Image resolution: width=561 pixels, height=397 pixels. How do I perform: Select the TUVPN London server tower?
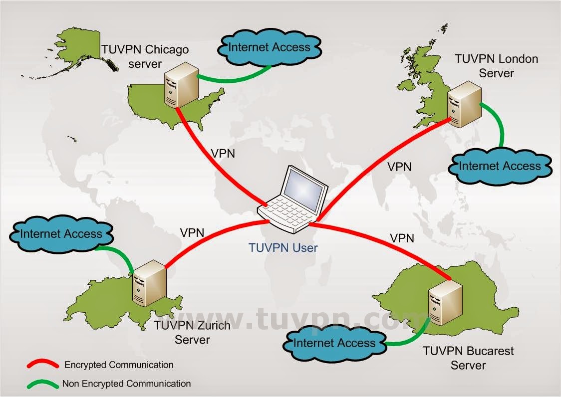tap(464, 105)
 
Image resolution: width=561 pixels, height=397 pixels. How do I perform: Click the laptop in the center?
tap(293, 202)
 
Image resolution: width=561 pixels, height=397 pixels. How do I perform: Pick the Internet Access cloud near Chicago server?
tap(269, 48)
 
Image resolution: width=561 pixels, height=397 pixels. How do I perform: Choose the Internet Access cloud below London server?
tap(500, 167)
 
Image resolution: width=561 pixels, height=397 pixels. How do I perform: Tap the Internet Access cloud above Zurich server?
tap(61, 234)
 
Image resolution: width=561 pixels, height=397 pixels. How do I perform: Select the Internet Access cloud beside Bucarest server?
tap(334, 343)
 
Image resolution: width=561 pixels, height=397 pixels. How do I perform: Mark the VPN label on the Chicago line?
tap(223, 153)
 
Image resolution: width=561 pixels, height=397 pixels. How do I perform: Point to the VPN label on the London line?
tap(399, 167)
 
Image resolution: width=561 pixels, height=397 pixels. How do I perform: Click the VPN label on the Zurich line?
tap(192, 232)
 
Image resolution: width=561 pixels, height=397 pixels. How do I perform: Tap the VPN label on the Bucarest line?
tap(402, 238)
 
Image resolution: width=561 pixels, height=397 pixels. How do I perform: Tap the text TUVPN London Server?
tap(496, 66)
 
